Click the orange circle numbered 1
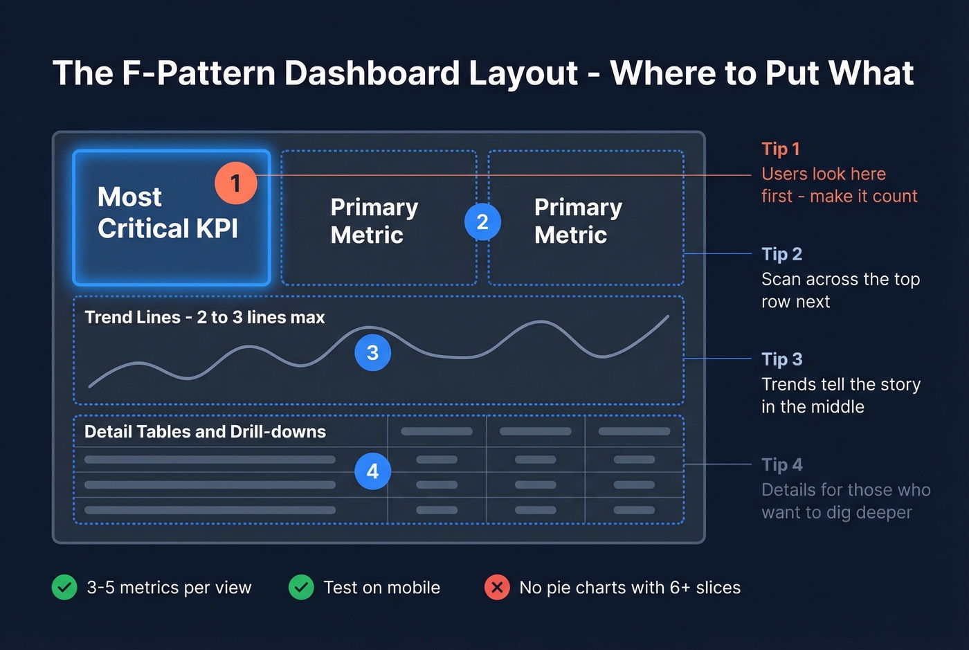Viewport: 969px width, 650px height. coord(235,183)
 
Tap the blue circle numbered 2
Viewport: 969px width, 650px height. coord(482,222)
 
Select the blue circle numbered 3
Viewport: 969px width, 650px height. coord(372,353)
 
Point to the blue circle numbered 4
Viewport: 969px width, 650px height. coord(372,471)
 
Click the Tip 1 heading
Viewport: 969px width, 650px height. coord(780,149)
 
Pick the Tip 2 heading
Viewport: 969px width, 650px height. coord(781,254)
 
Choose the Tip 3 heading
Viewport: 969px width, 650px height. coord(781,359)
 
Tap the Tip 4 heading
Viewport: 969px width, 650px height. coord(781,464)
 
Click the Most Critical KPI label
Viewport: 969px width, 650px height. coord(167,213)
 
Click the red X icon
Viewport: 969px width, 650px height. coord(497,588)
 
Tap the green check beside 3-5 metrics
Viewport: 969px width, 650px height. coord(64,588)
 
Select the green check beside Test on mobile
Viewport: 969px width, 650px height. coord(301,588)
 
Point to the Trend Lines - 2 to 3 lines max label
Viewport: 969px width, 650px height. coord(204,317)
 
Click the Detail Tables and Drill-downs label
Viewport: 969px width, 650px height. coord(205,432)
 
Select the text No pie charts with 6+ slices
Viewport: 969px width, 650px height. coord(630,588)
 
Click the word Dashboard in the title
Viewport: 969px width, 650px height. coord(372,73)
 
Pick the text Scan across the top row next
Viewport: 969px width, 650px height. coord(840,290)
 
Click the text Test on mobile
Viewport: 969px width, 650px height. coord(381,588)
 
